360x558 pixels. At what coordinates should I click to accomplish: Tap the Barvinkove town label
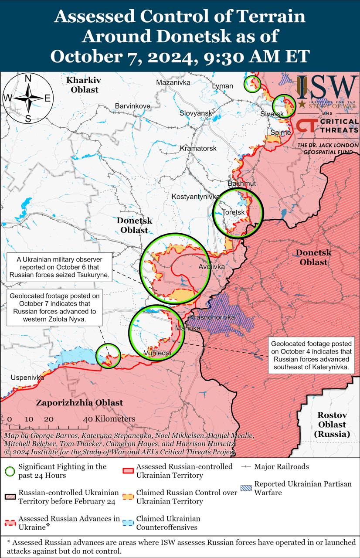click(x=132, y=106)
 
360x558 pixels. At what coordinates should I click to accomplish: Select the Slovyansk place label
click(x=196, y=113)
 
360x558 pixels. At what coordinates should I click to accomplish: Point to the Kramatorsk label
click(x=198, y=149)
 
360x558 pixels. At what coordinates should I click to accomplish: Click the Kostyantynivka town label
click(x=195, y=197)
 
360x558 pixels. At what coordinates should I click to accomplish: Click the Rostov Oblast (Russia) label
click(x=332, y=424)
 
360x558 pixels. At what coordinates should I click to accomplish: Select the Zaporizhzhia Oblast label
click(x=79, y=402)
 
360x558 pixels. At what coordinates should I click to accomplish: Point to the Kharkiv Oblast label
click(x=83, y=85)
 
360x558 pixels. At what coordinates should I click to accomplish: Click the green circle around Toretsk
click(x=238, y=213)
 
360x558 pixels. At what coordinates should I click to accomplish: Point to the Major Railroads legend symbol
click(x=247, y=466)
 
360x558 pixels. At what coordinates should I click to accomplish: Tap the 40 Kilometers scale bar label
click(x=109, y=419)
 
